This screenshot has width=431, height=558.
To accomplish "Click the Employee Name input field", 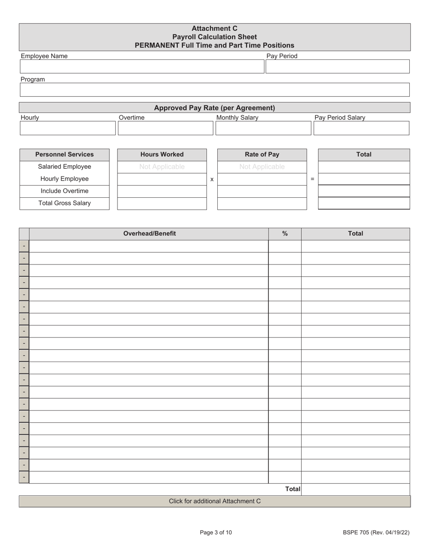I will (142, 67).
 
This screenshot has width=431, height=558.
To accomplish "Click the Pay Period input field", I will (337, 67).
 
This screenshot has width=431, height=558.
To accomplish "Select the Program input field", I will (215, 90).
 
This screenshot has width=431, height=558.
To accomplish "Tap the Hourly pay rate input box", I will (68, 128).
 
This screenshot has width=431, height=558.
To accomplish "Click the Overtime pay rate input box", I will (166, 128).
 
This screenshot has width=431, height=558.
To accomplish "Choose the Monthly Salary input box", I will (263, 128).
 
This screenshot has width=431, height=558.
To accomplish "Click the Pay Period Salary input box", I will (361, 128).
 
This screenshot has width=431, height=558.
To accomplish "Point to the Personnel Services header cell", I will (64, 155).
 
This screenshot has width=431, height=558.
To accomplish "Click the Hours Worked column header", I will (162, 155).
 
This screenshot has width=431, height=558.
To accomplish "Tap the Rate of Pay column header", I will (262, 155).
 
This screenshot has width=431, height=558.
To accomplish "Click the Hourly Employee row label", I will (64, 179).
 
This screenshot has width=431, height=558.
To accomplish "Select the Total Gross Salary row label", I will (64, 203).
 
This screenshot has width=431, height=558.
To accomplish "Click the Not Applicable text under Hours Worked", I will (162, 167).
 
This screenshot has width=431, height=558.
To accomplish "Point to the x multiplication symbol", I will (212, 180).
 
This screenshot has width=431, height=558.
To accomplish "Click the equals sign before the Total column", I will (312, 180).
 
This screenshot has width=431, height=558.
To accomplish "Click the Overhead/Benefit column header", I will (149, 234).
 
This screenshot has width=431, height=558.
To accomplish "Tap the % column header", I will (285, 234).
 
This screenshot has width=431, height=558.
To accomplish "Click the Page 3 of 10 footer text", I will (215, 533).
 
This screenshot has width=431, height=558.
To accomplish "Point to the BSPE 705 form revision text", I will (376, 533).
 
